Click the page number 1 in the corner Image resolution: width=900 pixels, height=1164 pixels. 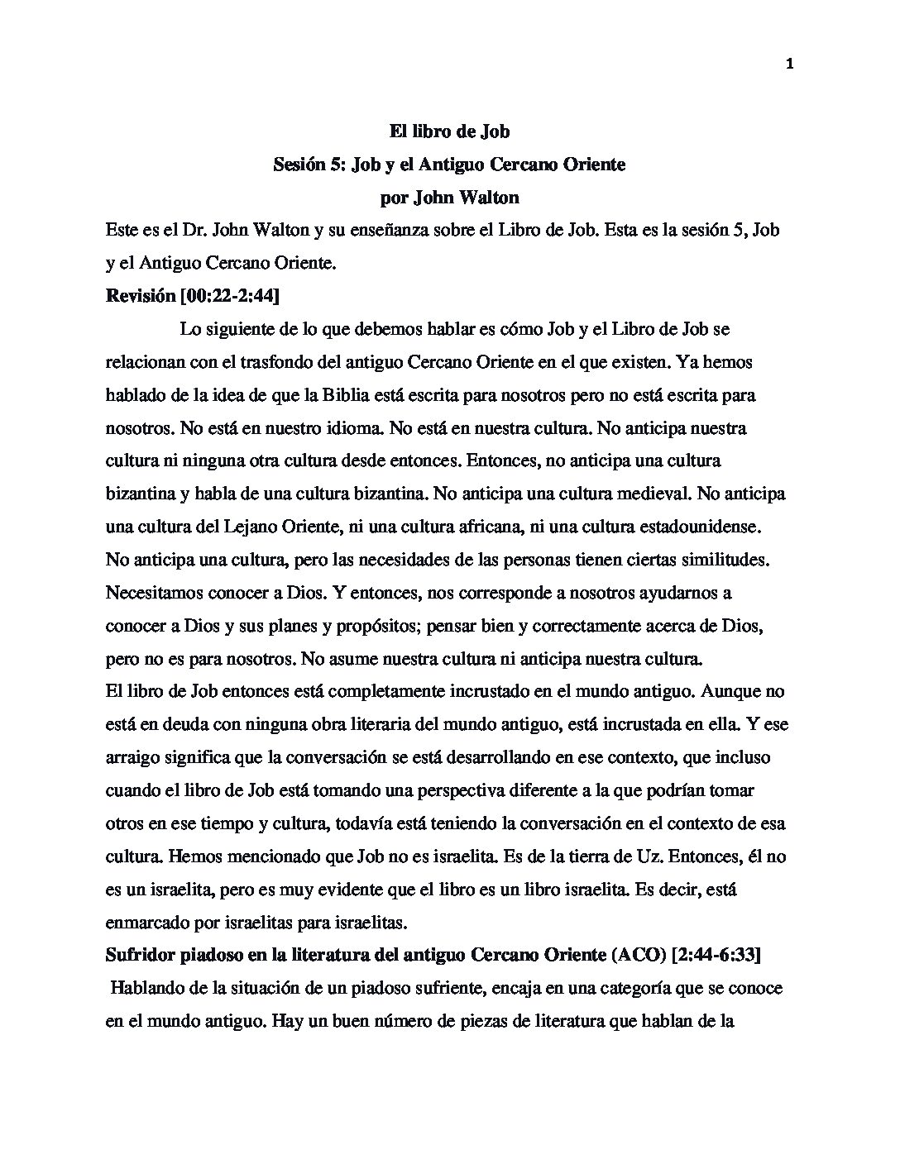click(790, 66)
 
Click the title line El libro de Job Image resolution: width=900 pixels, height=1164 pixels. click(449, 131)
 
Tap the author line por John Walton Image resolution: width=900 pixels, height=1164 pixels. click(449, 198)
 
